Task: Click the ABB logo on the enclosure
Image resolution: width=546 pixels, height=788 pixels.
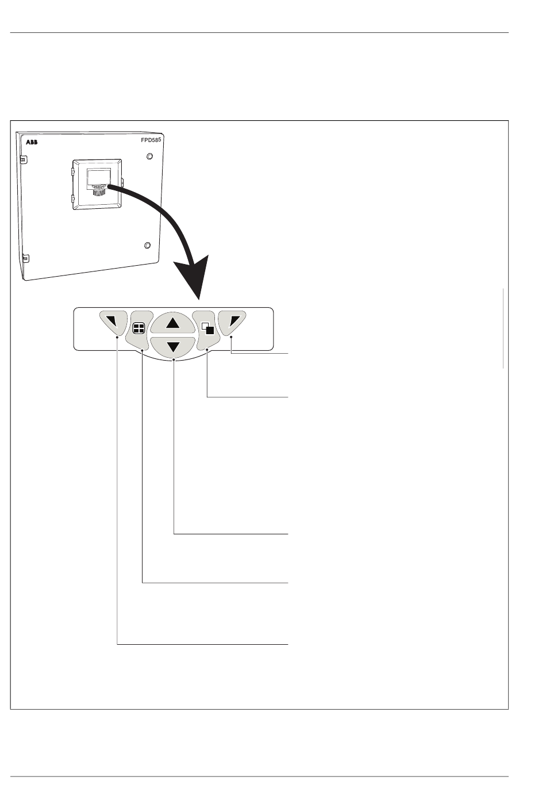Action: tap(31, 141)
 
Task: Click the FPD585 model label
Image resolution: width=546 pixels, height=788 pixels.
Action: tap(152, 140)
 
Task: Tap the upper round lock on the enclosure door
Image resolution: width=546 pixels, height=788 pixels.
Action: tap(150, 156)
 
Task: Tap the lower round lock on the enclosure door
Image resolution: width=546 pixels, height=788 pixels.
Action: tap(147, 246)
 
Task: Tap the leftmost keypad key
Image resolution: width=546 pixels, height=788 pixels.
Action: tap(112, 323)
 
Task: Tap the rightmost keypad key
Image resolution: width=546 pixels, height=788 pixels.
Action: tap(232, 323)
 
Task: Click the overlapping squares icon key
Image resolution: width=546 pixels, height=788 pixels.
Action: tap(207, 328)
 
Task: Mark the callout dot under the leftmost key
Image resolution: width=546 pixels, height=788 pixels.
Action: tap(117, 338)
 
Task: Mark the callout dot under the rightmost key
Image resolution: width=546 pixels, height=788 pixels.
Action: tap(232, 345)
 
